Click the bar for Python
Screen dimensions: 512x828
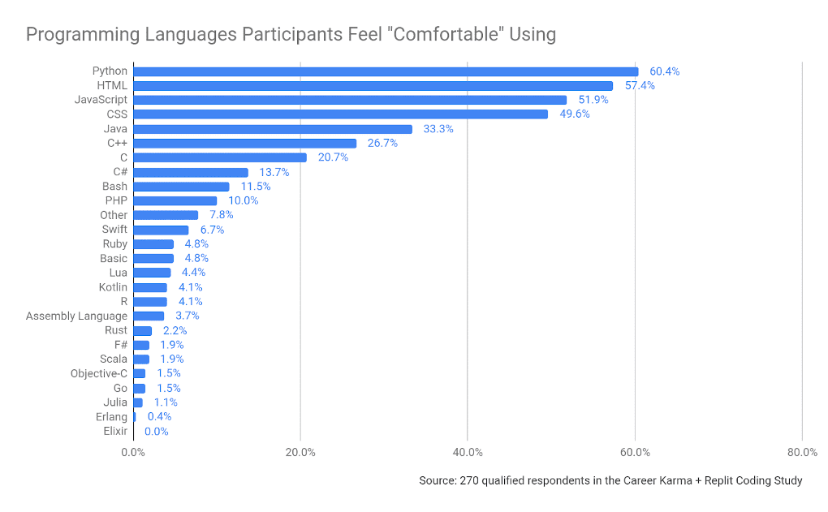[x=386, y=71]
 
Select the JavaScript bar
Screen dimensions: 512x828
[x=350, y=100]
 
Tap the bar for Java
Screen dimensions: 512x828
[x=273, y=129]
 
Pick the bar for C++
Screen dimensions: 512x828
[x=245, y=144]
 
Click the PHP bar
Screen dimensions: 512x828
[x=175, y=200]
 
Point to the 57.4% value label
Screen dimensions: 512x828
[x=640, y=86]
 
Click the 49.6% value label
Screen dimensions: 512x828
[x=575, y=114]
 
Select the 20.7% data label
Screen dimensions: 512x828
[x=333, y=157]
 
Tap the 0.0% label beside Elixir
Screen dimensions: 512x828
[x=156, y=432]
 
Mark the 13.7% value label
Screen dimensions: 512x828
[x=274, y=172]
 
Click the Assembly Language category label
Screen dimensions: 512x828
[x=76, y=316]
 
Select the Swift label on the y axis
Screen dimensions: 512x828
[x=114, y=230]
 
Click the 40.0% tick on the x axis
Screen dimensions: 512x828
[x=468, y=452]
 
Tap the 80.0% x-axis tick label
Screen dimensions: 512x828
[x=802, y=452]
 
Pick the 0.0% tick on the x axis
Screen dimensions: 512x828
[x=133, y=452]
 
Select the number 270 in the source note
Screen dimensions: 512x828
[x=469, y=480]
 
